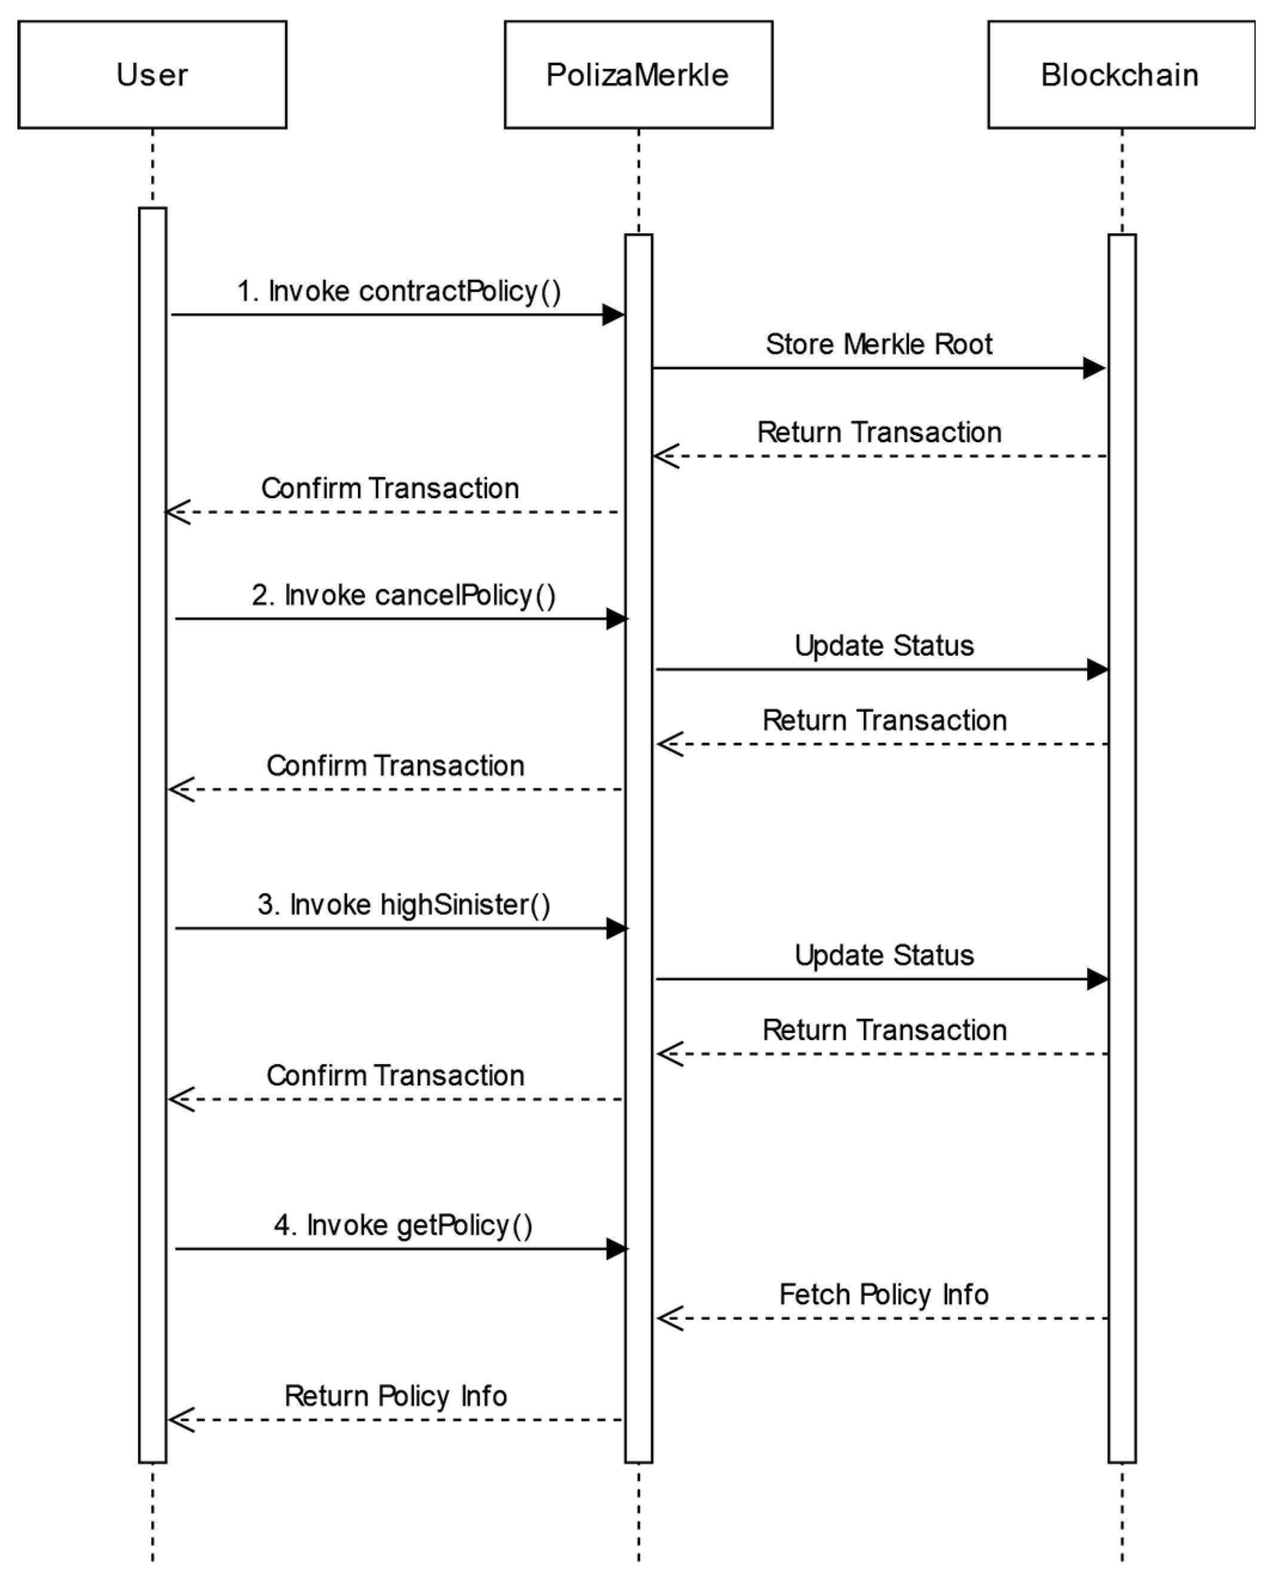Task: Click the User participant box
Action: [152, 75]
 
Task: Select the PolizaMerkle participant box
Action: [638, 75]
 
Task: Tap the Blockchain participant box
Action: [1121, 75]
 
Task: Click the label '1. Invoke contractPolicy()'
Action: [399, 291]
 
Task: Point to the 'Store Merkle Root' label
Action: [879, 344]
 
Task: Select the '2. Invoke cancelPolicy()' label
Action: [404, 595]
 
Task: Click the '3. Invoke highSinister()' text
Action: [404, 905]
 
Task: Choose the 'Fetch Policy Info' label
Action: [884, 1294]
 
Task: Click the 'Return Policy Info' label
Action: [395, 1396]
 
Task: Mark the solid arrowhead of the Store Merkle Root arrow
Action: [1094, 368]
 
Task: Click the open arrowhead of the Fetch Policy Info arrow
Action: [668, 1318]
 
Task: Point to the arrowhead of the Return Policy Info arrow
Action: [180, 1420]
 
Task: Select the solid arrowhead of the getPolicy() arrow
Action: [616, 1249]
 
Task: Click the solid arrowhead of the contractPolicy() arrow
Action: [613, 315]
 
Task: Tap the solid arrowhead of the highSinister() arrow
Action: [616, 929]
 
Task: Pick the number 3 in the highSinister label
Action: [265, 905]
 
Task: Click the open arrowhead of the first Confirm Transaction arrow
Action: [177, 511]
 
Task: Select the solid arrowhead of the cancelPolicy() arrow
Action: [616, 619]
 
